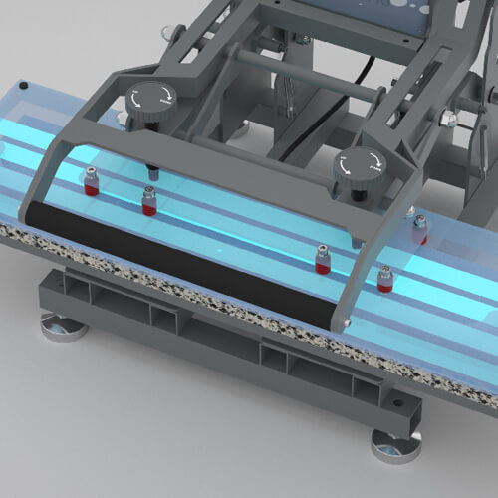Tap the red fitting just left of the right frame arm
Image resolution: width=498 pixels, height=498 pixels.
(x=322, y=262)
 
